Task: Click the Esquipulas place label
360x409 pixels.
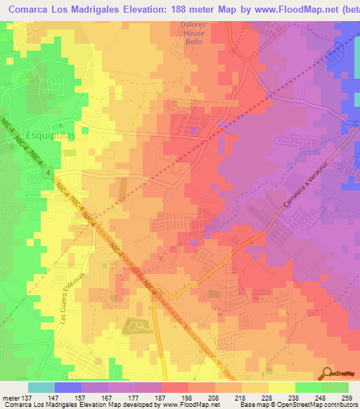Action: (49, 133)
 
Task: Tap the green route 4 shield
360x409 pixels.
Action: (48, 173)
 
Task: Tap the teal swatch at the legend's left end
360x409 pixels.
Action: (41, 387)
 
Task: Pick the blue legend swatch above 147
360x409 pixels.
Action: (68, 387)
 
